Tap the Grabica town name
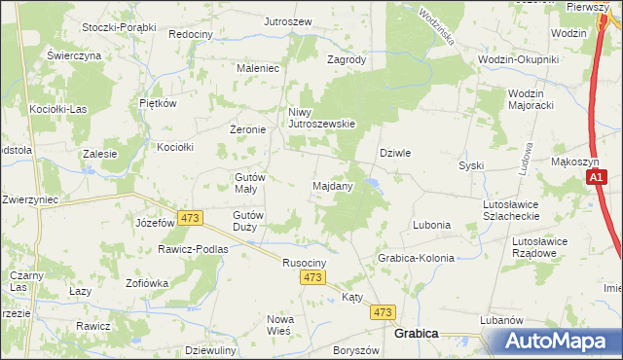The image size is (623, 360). click(x=416, y=333)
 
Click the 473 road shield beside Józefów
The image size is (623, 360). click(x=189, y=217)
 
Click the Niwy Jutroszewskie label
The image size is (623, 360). click(x=321, y=118)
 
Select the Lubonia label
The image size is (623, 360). click(x=431, y=225)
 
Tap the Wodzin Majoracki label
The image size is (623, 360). click(x=532, y=99)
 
